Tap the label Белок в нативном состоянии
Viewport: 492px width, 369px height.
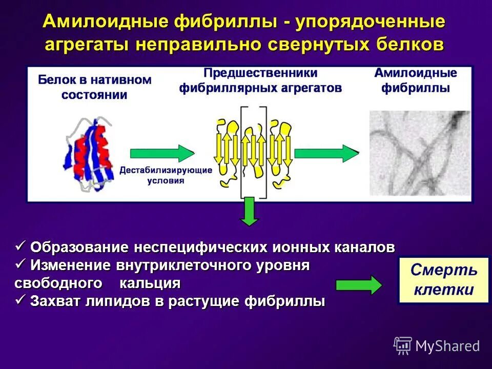pos(95,87)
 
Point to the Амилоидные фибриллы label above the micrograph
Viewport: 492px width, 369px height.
pos(415,80)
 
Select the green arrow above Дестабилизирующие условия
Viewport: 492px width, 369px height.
pos(162,153)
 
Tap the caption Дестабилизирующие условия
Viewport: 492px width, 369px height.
pos(166,175)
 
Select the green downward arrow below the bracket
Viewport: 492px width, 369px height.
pos(250,211)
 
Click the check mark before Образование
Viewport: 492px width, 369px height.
pos(21,247)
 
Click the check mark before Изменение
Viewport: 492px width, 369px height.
pos(21,264)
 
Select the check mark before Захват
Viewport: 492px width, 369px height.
pos(21,300)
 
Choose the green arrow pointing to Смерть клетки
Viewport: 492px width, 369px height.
pos(358,285)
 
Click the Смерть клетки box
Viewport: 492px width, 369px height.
pos(443,280)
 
